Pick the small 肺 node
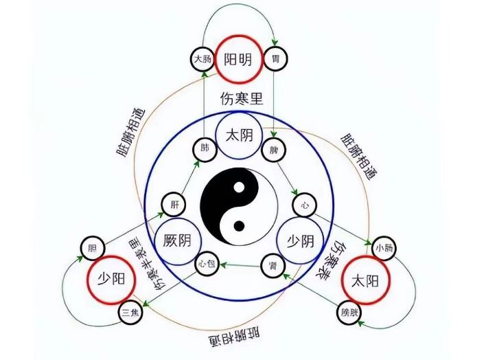point(203,148)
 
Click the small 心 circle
point(303,204)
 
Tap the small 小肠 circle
point(382,247)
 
